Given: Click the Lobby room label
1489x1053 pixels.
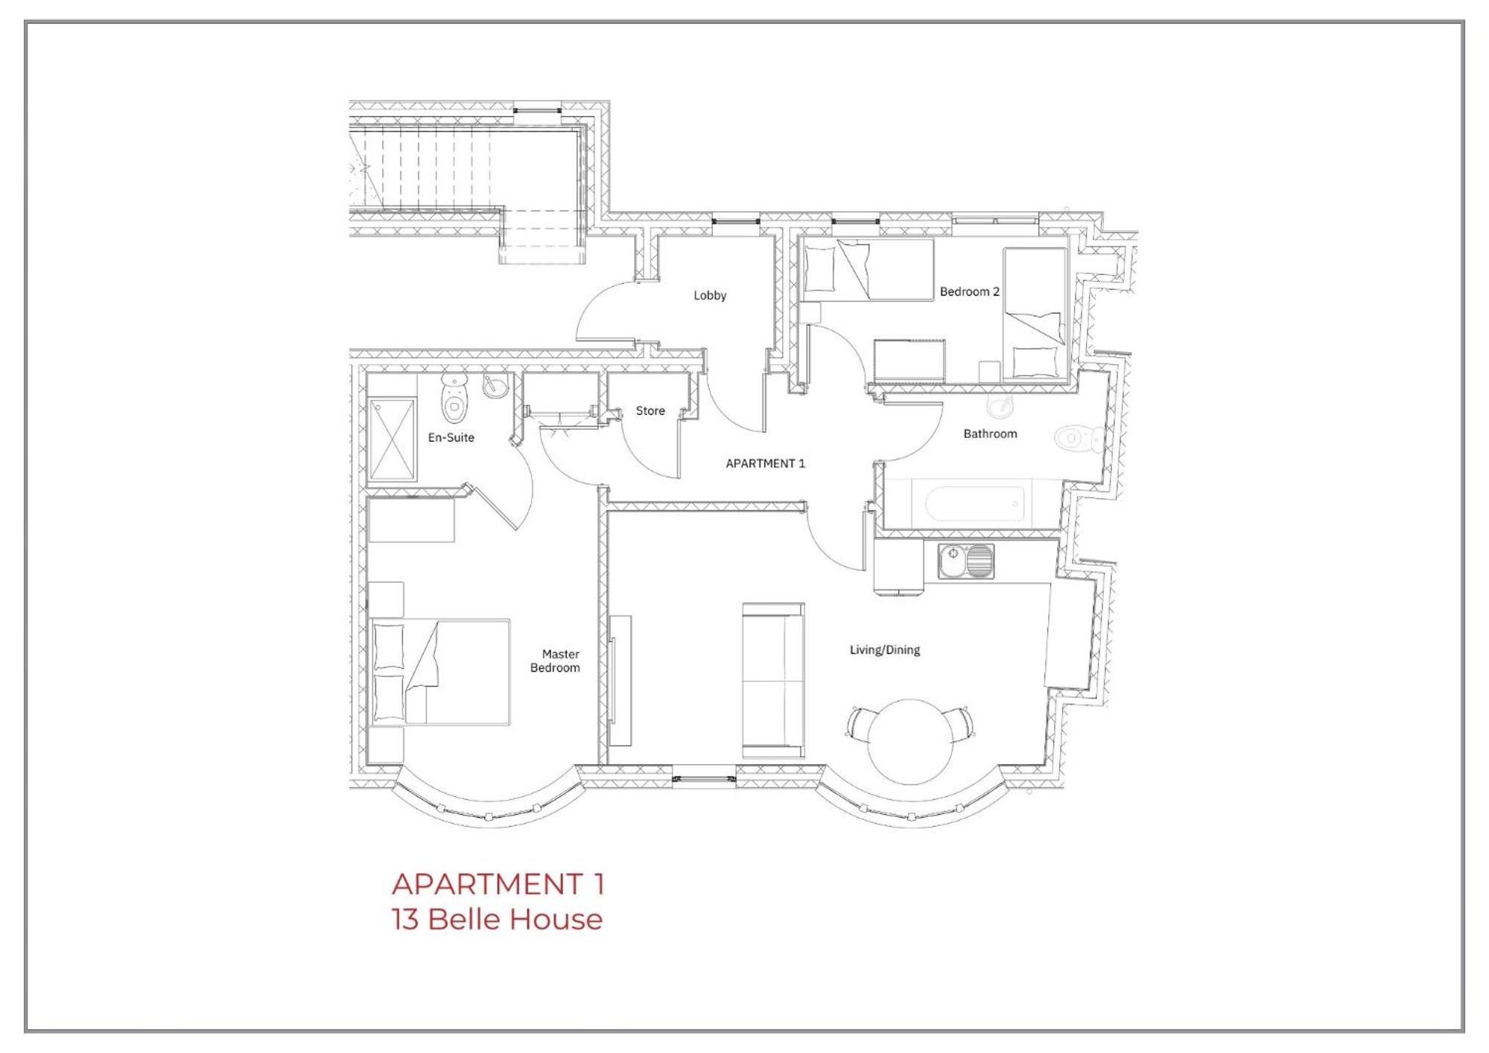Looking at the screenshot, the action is pos(709,296).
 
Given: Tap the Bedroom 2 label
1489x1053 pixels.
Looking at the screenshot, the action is pos(969,292).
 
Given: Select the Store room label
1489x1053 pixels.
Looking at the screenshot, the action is pos(650,411).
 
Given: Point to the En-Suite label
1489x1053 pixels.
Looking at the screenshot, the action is pos(451,438).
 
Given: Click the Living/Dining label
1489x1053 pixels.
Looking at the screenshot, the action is pos(885,650).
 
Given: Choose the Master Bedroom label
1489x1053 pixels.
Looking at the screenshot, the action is pos(556,661).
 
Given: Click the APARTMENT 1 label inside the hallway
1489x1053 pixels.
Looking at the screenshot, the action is pos(765,463).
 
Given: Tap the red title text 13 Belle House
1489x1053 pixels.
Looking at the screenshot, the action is pos(497,920).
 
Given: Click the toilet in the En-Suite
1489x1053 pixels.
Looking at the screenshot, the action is pos(454,398).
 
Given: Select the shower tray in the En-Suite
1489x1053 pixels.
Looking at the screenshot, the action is pos(392,440).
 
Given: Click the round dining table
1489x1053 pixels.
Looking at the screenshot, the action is pos(910,741).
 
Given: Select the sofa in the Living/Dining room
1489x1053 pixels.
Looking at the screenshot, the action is pos(773,681).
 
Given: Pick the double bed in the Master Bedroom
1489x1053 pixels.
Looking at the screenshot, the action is pos(440,672).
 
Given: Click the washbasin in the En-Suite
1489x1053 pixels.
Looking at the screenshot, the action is pos(495,386).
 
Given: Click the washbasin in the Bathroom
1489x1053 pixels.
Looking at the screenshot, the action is pos(1000,406).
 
